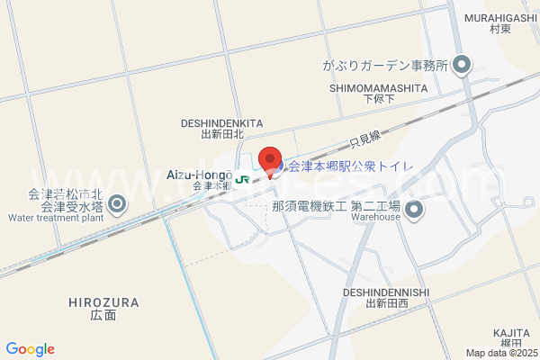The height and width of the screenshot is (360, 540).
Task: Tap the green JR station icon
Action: (242, 178)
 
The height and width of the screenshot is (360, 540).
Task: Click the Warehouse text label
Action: (375, 217)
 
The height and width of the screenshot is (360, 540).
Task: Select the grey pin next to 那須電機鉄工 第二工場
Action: (414, 211)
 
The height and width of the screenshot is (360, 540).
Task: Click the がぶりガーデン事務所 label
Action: (384, 65)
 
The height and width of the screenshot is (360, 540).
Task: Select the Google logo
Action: (30, 349)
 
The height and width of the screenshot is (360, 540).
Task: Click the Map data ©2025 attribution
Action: (499, 353)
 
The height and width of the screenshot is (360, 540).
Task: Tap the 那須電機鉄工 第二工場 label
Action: (336, 205)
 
